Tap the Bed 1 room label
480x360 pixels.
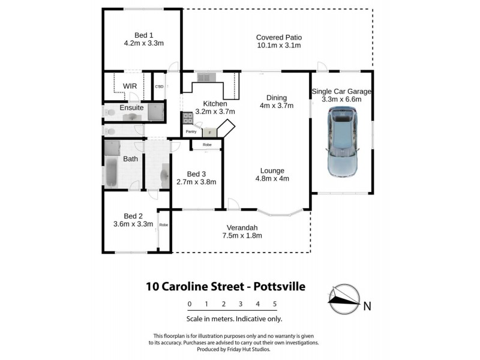pyautogui.click(x=143, y=34)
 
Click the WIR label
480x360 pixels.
pyautogui.click(x=130, y=86)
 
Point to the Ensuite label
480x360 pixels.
pyautogui.click(x=131, y=107)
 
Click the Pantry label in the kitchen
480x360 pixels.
pyautogui.click(x=191, y=131)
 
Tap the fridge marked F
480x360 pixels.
pyautogui.click(x=209, y=132)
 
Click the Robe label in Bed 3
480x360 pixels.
pyautogui.click(x=206, y=145)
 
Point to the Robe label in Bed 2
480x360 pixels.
pyautogui.click(x=163, y=225)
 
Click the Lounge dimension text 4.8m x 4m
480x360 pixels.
pyautogui.click(x=272, y=178)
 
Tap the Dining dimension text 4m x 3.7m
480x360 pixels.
pyautogui.click(x=276, y=106)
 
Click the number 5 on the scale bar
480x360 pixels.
pyautogui.click(x=274, y=304)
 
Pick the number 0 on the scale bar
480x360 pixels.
pyautogui.click(x=189, y=304)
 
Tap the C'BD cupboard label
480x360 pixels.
pyautogui.click(x=159, y=88)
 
